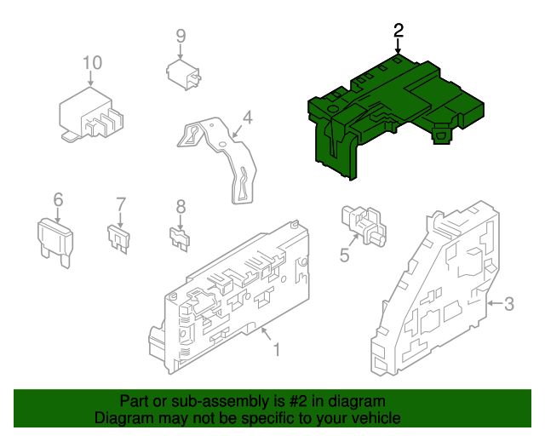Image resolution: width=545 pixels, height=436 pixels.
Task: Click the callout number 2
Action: [399, 31]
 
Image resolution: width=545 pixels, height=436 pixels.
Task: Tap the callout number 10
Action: [92, 63]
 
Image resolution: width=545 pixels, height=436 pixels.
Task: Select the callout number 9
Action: [181, 36]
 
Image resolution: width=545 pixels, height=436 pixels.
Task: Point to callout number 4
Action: [247, 118]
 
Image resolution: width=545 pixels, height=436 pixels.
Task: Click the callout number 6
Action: [58, 199]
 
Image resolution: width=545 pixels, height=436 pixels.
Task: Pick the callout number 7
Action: [121, 204]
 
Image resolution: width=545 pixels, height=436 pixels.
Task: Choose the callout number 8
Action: [181, 207]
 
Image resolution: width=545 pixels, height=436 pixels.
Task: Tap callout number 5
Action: [344, 255]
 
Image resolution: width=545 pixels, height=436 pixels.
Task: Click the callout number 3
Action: [509, 304]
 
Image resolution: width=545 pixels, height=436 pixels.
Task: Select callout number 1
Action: [277, 350]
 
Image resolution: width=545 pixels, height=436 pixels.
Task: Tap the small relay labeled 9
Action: [183, 75]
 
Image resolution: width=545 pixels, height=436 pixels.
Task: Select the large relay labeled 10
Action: [91, 115]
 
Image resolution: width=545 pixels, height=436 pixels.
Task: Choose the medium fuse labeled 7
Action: [119, 238]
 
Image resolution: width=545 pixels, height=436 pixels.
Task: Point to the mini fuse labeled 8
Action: [180, 238]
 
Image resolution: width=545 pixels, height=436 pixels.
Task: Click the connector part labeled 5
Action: [364, 226]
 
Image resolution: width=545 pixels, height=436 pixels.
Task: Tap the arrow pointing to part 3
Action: [495, 303]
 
